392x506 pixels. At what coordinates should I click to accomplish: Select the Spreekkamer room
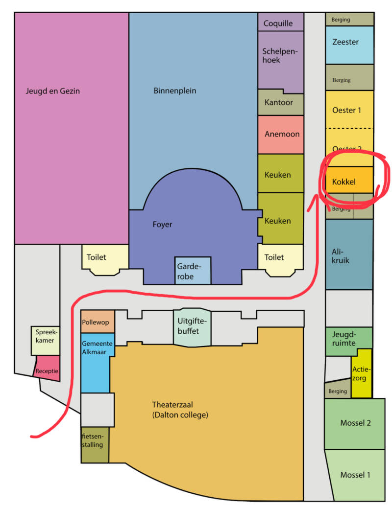(45, 340)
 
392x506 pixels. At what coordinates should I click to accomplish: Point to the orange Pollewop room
(98, 322)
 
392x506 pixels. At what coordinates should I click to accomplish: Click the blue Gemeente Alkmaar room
(97, 362)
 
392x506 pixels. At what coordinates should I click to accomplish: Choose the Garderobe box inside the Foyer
(193, 271)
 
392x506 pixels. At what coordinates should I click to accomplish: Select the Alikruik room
(348, 254)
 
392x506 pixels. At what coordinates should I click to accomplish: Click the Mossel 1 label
(355, 475)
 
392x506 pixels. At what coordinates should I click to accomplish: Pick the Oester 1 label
(346, 110)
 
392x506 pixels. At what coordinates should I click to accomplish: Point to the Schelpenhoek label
(280, 55)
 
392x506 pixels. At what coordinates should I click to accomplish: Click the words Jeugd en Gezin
(53, 91)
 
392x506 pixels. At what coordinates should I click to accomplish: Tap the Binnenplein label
(175, 91)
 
